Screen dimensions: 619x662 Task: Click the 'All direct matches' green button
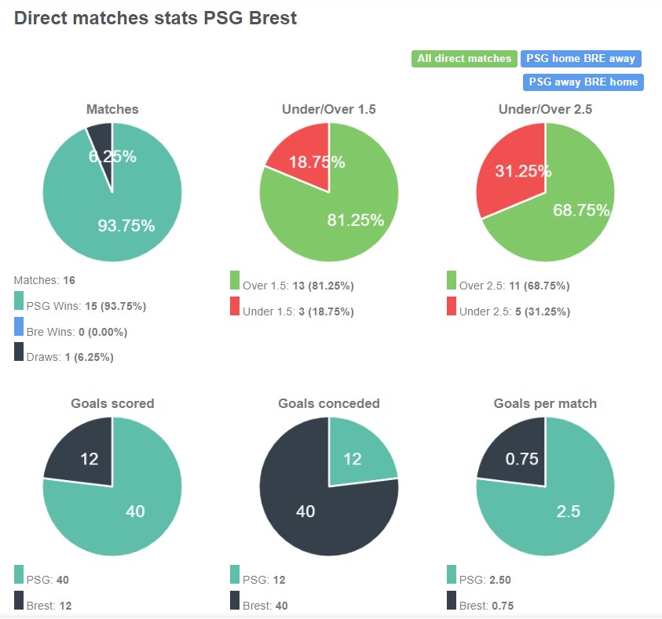[x=463, y=59]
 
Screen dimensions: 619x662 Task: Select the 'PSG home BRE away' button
[x=580, y=59]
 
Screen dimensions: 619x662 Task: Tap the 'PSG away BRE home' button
[x=583, y=82]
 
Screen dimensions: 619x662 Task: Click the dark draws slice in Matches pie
[x=101, y=137]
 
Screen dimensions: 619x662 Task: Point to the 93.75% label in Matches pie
[x=126, y=226]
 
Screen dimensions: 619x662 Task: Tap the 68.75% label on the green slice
[x=581, y=210]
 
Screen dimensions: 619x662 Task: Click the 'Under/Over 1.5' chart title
[x=328, y=110]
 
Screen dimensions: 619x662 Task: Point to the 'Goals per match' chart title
[x=545, y=403]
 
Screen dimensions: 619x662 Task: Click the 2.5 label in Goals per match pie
[x=568, y=512]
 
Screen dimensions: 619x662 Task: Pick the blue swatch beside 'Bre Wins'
[x=19, y=326]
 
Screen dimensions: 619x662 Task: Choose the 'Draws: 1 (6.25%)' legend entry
[x=70, y=357]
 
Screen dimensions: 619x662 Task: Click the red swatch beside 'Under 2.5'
[x=452, y=306]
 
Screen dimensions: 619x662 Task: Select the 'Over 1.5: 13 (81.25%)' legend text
[x=299, y=286]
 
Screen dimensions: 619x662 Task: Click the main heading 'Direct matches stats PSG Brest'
[x=155, y=17]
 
